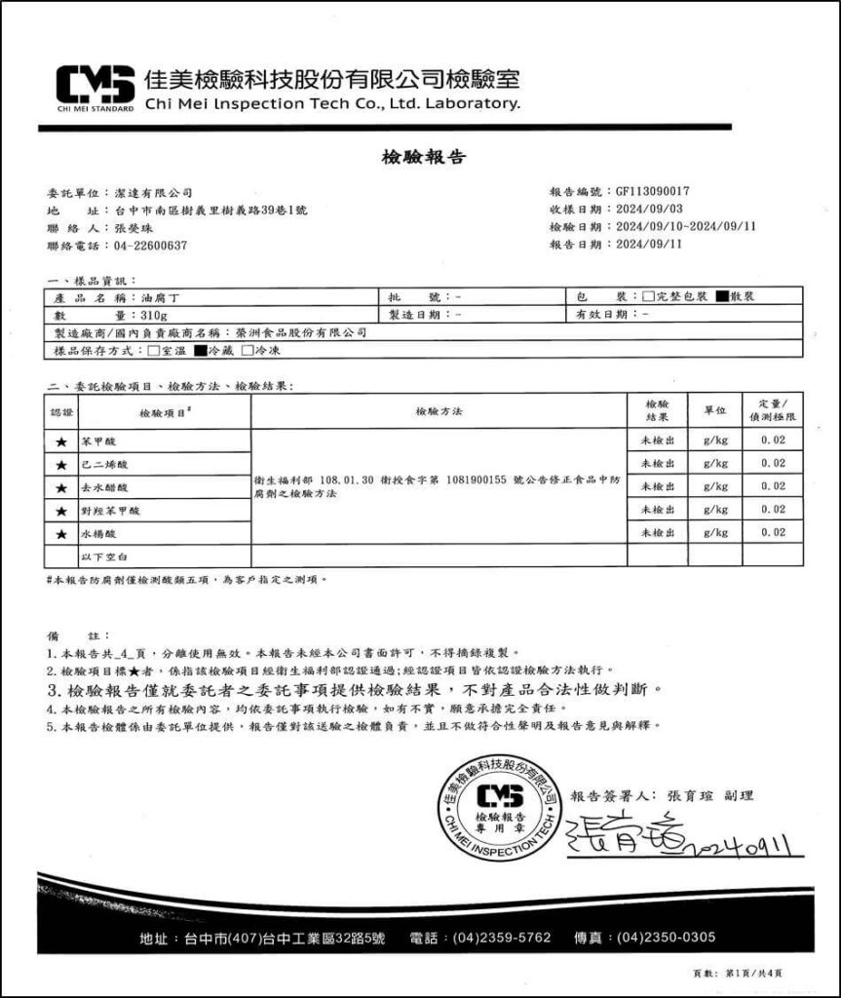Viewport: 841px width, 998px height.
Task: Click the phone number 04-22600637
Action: pos(151,246)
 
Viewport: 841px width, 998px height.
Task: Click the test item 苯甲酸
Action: pos(97,441)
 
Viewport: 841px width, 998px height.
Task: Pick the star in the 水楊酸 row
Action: pos(60,534)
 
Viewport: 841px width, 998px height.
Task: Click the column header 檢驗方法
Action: pos(439,411)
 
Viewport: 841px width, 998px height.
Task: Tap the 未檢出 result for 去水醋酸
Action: pos(657,486)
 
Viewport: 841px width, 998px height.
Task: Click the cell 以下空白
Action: pos(100,557)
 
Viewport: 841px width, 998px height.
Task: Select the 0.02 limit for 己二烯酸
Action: pos(773,464)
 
